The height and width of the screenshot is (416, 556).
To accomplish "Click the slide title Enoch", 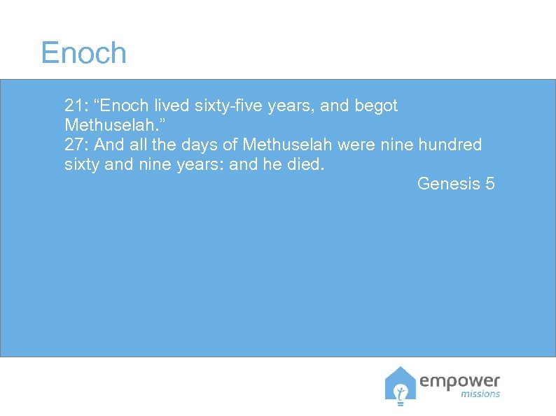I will tap(83, 53).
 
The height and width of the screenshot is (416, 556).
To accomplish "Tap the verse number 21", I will tap(72, 106).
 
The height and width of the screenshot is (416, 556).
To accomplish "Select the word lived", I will tap(172, 106).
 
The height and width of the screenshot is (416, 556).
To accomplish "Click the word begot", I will tap(377, 106).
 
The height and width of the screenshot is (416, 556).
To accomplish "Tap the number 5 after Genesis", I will tap(489, 184).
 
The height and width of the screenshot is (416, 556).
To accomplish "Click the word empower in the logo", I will tap(459, 382).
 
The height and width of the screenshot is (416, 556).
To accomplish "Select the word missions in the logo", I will tap(481, 394).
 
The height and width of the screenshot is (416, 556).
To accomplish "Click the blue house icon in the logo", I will tap(400, 386).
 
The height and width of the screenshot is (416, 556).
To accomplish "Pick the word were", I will tap(354, 145).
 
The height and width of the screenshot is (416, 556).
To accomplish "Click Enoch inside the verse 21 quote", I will tap(126, 106).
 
